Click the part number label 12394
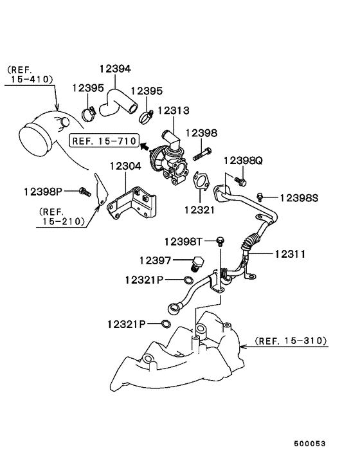pos(115,69)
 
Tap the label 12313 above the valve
pos(174,111)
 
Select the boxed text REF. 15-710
pos(104,141)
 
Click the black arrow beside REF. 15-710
pos(146,146)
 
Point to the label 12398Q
pos(243,160)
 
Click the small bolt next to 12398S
pos(260,197)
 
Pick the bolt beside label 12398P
pos(85,191)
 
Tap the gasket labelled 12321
pos(201,181)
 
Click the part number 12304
pos(125,166)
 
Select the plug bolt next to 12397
pos(197,264)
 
